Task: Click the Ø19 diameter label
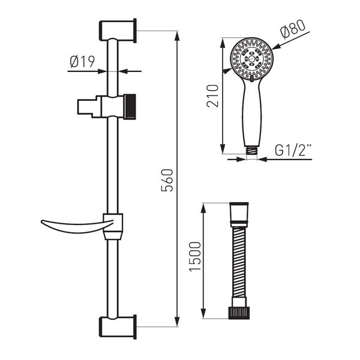(82, 61)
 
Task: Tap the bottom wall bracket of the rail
(117, 327)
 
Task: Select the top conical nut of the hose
(239, 212)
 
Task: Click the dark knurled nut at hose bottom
(239, 313)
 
